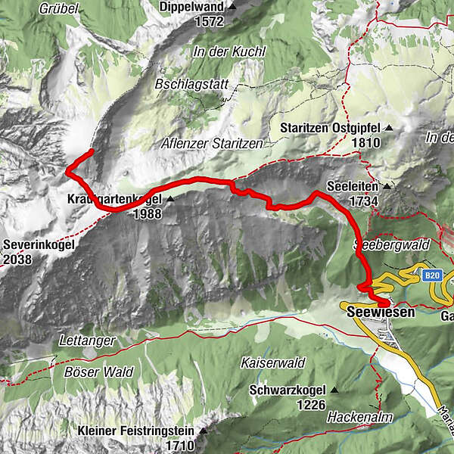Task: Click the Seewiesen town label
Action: point(382,312)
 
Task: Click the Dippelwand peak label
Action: point(192,7)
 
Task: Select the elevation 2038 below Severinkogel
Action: point(19,259)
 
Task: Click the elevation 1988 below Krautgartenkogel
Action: point(146,214)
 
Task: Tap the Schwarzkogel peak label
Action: point(288,390)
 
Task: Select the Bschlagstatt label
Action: point(191,84)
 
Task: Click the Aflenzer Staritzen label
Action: point(212,143)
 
